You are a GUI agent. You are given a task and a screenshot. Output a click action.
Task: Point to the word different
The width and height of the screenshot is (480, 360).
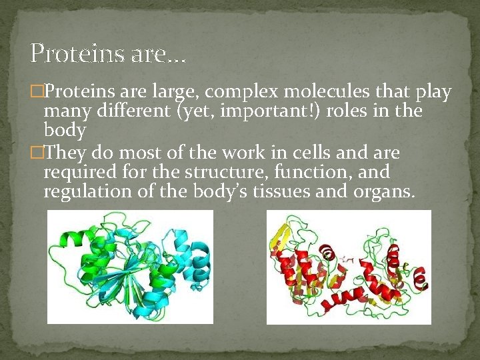(133, 110)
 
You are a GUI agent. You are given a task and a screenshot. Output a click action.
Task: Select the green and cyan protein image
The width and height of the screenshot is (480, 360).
(130, 267)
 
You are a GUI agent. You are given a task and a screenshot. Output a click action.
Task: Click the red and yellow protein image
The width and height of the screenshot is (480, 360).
(349, 267)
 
